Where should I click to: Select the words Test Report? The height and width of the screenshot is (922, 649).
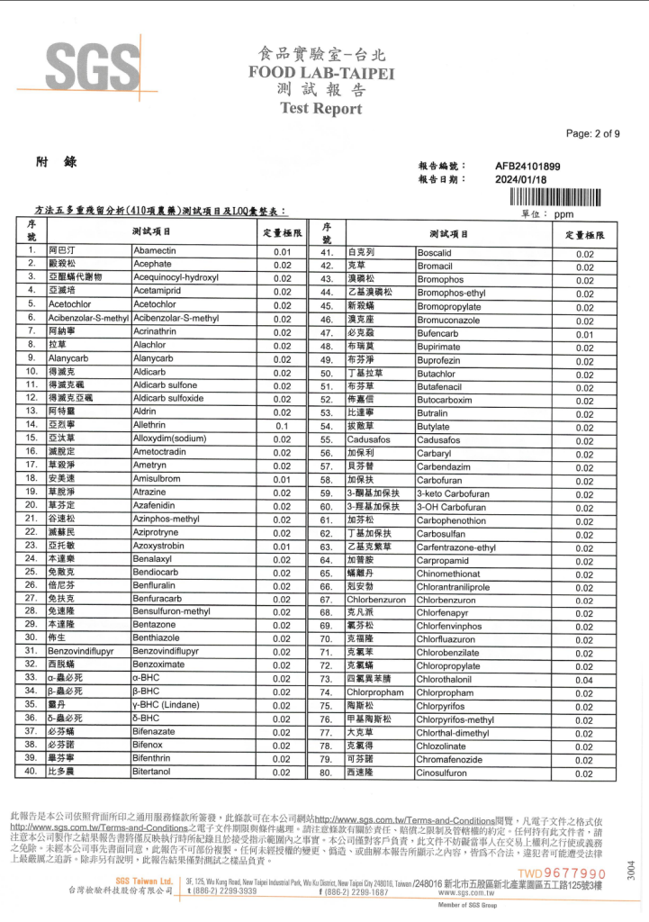tap(320, 109)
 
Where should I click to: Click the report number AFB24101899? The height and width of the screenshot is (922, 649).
tap(527, 166)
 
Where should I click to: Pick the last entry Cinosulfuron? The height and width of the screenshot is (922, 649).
tap(442, 773)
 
